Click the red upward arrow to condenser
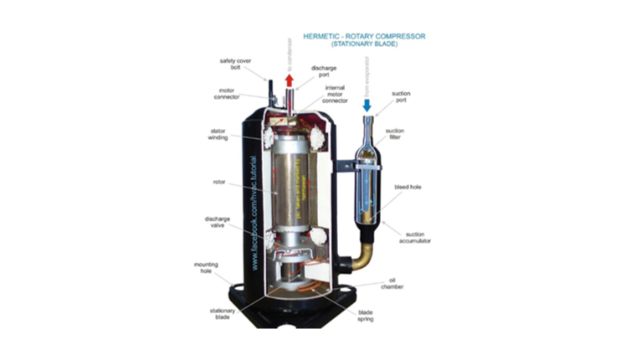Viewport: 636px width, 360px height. (x=289, y=80)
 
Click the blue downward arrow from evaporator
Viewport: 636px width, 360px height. (x=367, y=105)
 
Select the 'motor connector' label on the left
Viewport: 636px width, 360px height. (x=232, y=95)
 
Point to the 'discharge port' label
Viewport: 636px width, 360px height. (x=324, y=72)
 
